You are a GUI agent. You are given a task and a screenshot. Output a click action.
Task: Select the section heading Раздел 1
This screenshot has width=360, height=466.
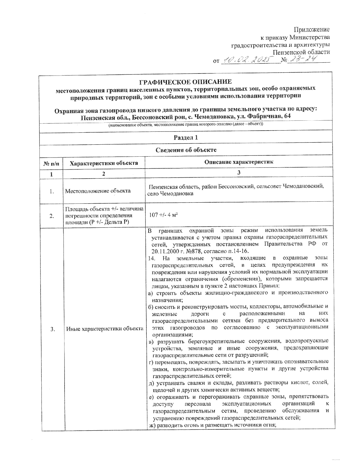coord(186,138)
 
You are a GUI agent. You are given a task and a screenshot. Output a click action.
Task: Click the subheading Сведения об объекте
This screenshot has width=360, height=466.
coord(186,150)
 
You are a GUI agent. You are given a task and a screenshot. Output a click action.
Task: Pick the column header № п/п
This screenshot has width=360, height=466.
coord(52,163)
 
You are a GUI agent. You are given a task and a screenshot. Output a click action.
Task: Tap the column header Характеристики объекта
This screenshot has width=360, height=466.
coord(104,163)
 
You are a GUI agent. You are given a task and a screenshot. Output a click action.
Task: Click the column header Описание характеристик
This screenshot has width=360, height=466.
coord(239,162)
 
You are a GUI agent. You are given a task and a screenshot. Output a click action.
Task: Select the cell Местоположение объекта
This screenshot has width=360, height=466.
coord(98,191)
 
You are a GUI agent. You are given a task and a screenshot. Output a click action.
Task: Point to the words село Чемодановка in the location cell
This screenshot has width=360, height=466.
coord(170,194)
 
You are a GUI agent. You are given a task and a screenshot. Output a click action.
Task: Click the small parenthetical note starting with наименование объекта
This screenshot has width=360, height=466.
coord(186,125)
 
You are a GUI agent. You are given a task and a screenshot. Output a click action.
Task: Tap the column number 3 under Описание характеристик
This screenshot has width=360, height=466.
coord(239,173)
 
